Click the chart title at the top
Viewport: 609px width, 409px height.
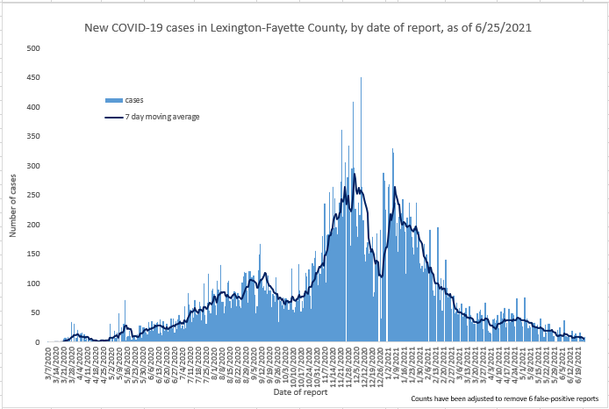point(306,28)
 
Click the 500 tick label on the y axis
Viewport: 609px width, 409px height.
point(32,48)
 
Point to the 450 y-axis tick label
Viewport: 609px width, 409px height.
point(32,77)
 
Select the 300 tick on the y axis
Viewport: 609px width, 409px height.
point(32,166)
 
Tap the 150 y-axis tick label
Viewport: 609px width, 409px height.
point(32,254)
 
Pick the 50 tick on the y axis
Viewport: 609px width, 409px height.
point(34,312)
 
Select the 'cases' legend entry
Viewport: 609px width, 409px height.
point(133,100)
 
